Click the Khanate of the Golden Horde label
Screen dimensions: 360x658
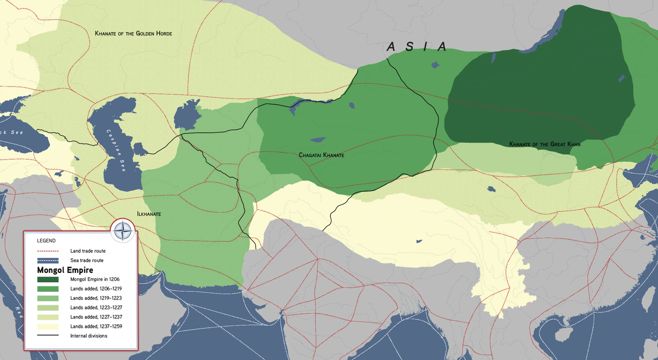[133, 34]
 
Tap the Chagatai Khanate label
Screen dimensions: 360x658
[321, 155]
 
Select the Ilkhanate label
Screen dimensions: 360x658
[149, 214]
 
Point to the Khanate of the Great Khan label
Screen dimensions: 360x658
[545, 144]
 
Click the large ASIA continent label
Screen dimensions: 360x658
[416, 47]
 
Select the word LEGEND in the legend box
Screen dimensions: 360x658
[46, 241]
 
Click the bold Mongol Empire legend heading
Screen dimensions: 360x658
[65, 270]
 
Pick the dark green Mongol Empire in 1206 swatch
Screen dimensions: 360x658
[48, 279]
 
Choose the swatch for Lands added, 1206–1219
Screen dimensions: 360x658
[48, 289]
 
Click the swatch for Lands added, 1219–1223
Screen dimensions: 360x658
[48, 298]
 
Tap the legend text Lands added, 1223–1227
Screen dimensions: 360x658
[96, 307]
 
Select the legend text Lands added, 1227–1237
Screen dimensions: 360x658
[96, 317]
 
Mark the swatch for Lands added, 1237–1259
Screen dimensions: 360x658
[48, 326]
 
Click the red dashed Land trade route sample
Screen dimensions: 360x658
[48, 251]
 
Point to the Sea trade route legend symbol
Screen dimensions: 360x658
[48, 261]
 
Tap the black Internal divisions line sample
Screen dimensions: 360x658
[48, 335]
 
